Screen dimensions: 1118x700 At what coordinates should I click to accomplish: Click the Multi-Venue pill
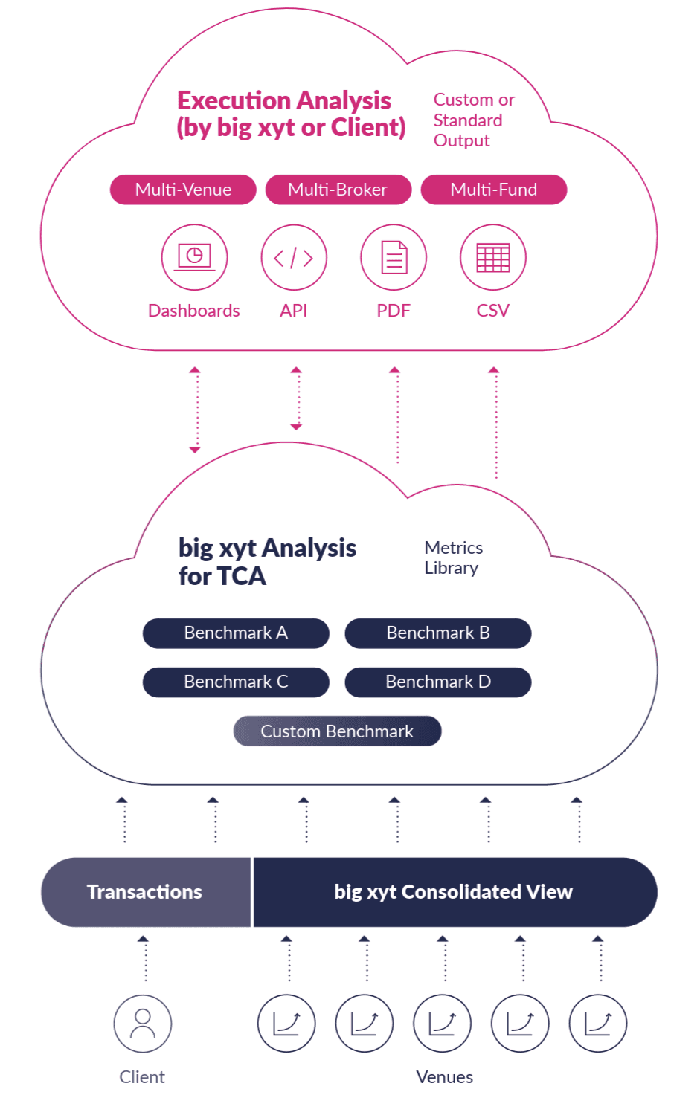click(183, 190)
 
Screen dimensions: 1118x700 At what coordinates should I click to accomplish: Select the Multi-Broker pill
click(338, 190)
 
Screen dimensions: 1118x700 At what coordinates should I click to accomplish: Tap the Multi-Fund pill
click(493, 190)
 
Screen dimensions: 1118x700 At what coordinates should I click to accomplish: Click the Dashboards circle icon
click(194, 257)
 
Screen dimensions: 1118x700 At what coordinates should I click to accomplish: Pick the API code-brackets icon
click(294, 257)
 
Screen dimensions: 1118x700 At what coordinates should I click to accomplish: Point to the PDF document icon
click(394, 257)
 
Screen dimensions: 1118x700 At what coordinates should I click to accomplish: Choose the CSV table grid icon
click(493, 257)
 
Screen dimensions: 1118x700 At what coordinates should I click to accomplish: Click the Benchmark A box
click(236, 633)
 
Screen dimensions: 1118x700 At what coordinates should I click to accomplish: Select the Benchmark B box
click(438, 633)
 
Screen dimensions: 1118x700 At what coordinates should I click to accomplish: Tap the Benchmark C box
click(236, 682)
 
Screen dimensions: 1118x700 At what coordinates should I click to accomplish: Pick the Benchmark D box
click(438, 682)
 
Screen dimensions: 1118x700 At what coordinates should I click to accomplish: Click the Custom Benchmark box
click(337, 731)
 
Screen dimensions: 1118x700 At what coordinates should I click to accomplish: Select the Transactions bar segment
click(146, 892)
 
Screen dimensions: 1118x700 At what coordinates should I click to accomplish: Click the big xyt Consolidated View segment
click(454, 892)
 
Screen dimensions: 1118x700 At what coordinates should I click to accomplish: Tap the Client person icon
click(143, 1024)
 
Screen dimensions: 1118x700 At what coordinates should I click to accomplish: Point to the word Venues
click(445, 1077)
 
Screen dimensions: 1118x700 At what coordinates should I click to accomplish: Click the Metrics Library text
click(453, 558)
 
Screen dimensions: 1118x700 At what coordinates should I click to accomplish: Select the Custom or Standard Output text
click(473, 120)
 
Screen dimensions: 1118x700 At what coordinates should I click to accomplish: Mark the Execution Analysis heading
click(290, 114)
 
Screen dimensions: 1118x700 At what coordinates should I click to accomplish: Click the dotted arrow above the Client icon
click(144, 959)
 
